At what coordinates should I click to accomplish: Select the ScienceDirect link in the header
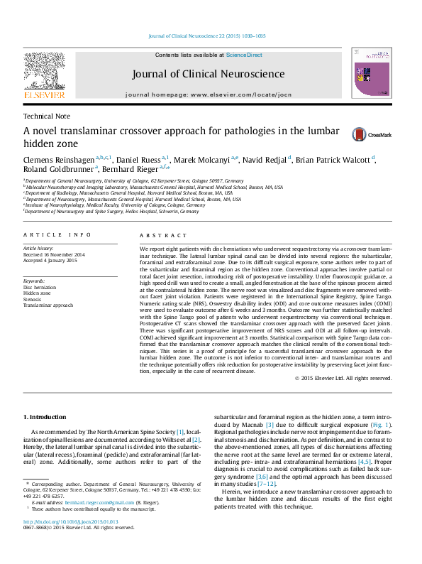coord(244,55)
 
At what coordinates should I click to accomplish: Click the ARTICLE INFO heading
coord(57,234)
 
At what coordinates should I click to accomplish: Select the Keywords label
coord(34,282)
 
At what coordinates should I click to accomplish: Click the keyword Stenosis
coord(33,299)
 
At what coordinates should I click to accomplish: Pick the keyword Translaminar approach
coord(48,305)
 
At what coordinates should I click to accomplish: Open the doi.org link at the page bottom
coord(71,541)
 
